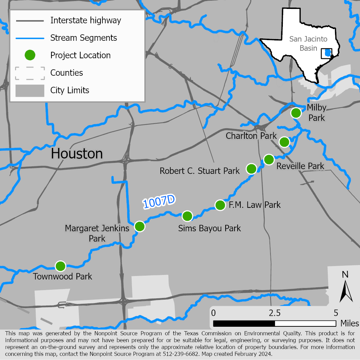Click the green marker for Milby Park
[296, 113]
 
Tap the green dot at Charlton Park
[284, 142]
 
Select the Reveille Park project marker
[269, 159]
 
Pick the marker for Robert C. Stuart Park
[251, 169]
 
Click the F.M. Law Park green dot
[220, 205]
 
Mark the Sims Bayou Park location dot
[187, 216]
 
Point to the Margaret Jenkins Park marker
[140, 226]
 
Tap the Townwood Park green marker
[60, 266]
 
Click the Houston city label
[77, 154]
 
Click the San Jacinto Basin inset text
[308, 44]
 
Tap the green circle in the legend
[30, 55]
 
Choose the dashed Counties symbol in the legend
[30, 73]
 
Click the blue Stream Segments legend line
[30, 38]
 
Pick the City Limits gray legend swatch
[30, 91]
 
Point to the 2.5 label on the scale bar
[275, 313]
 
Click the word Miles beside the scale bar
[349, 323]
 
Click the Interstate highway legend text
[86, 20]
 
